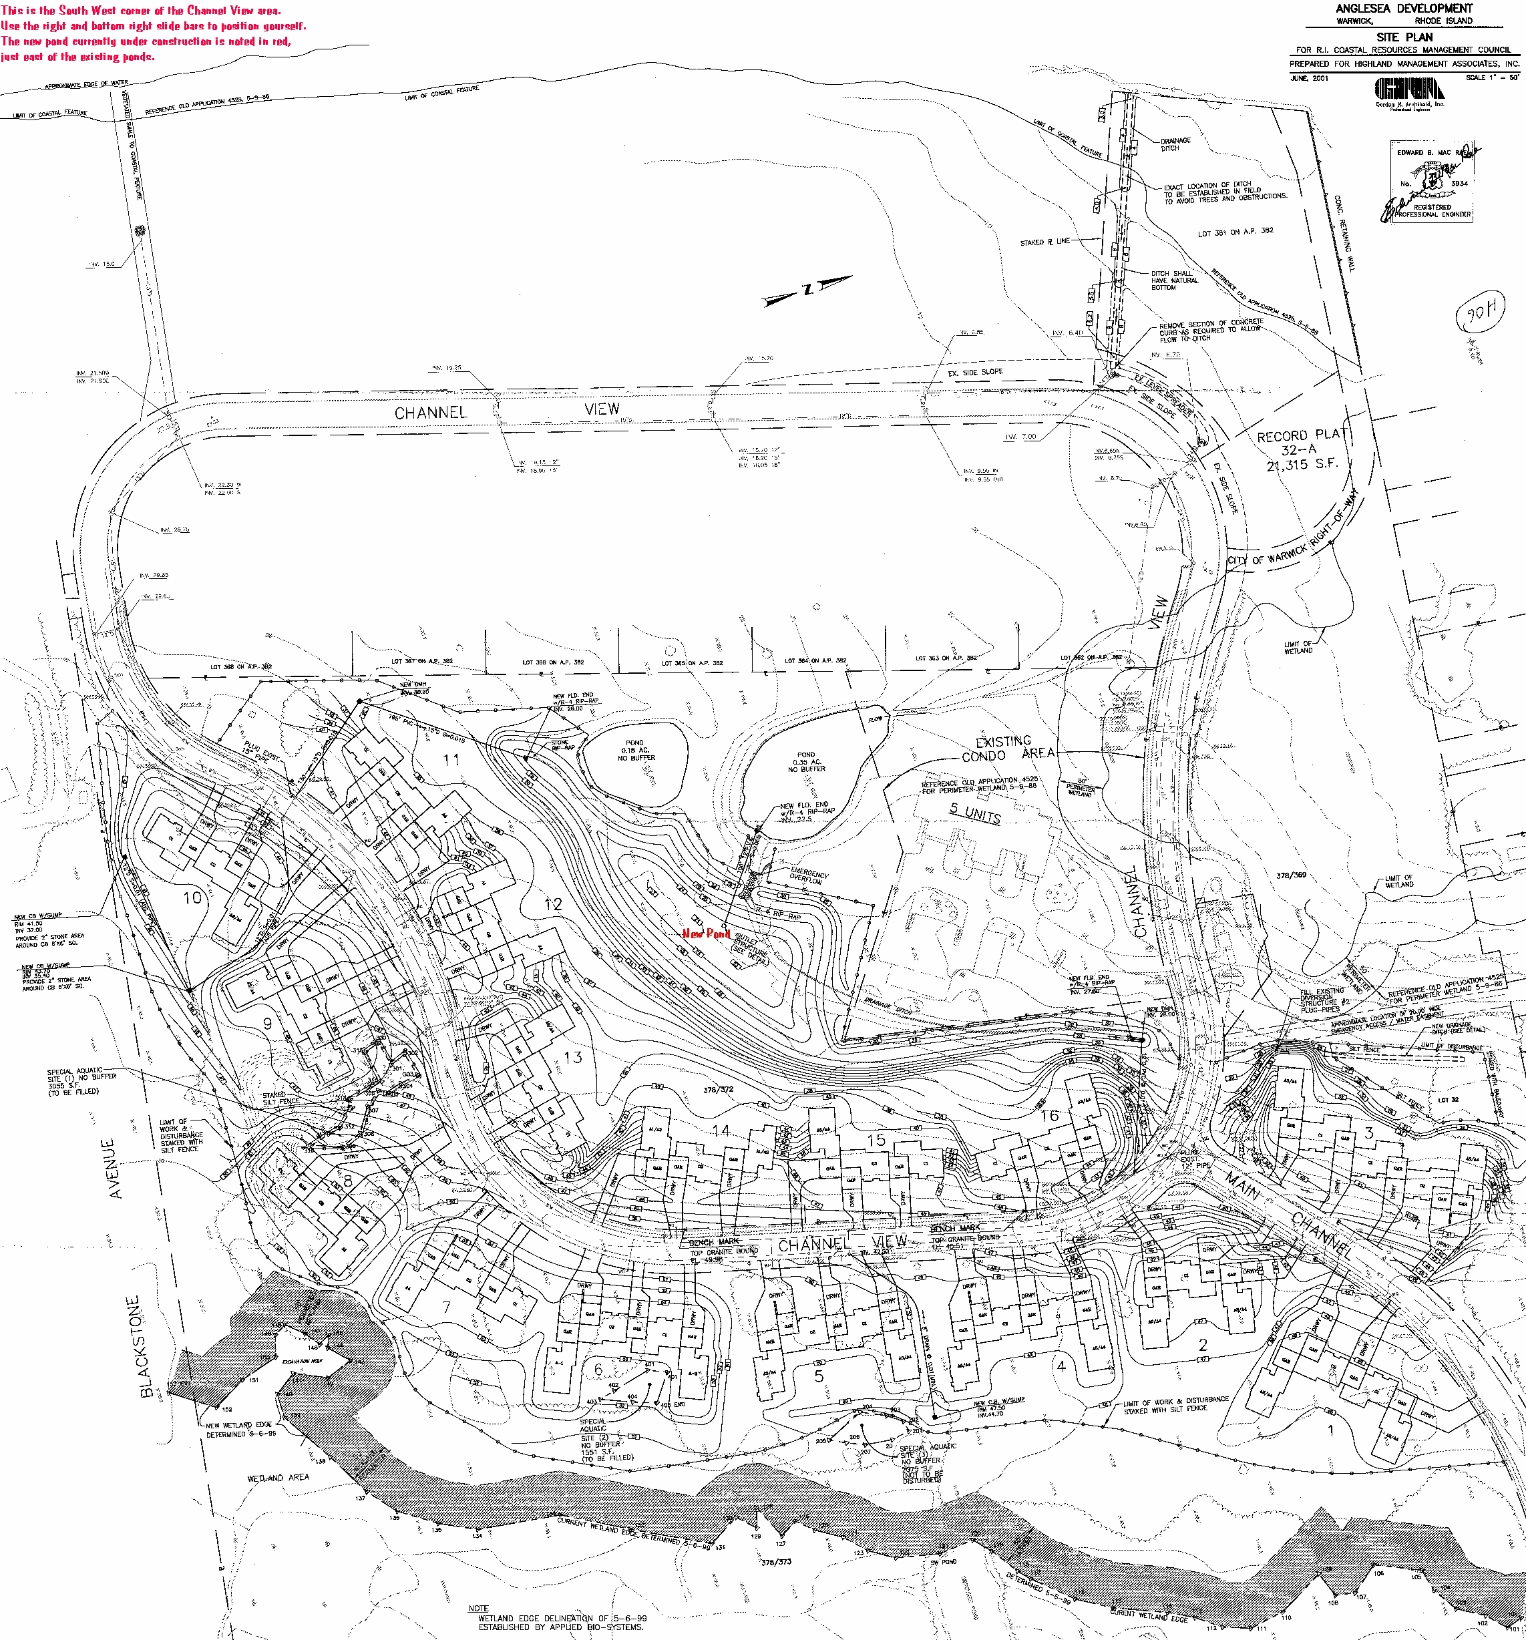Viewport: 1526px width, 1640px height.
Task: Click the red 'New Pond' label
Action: pos(706,933)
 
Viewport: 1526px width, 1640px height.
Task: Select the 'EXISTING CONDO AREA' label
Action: pos(1007,749)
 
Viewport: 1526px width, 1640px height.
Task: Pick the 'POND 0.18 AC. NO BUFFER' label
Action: pos(635,750)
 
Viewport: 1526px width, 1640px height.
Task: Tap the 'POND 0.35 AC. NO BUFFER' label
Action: pos(806,761)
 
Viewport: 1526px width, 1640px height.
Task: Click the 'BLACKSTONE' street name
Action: pos(146,1346)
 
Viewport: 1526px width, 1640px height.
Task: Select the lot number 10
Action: pos(192,897)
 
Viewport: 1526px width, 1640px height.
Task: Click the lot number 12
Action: pos(553,904)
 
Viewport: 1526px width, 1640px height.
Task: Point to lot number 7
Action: pos(446,1307)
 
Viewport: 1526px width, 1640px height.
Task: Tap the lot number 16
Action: pos(1049,1115)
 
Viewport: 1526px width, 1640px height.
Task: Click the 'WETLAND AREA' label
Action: pos(278,1476)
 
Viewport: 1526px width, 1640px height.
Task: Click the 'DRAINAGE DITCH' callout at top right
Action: pos(1175,144)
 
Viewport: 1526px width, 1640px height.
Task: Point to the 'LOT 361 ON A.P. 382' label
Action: pos(1235,232)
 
